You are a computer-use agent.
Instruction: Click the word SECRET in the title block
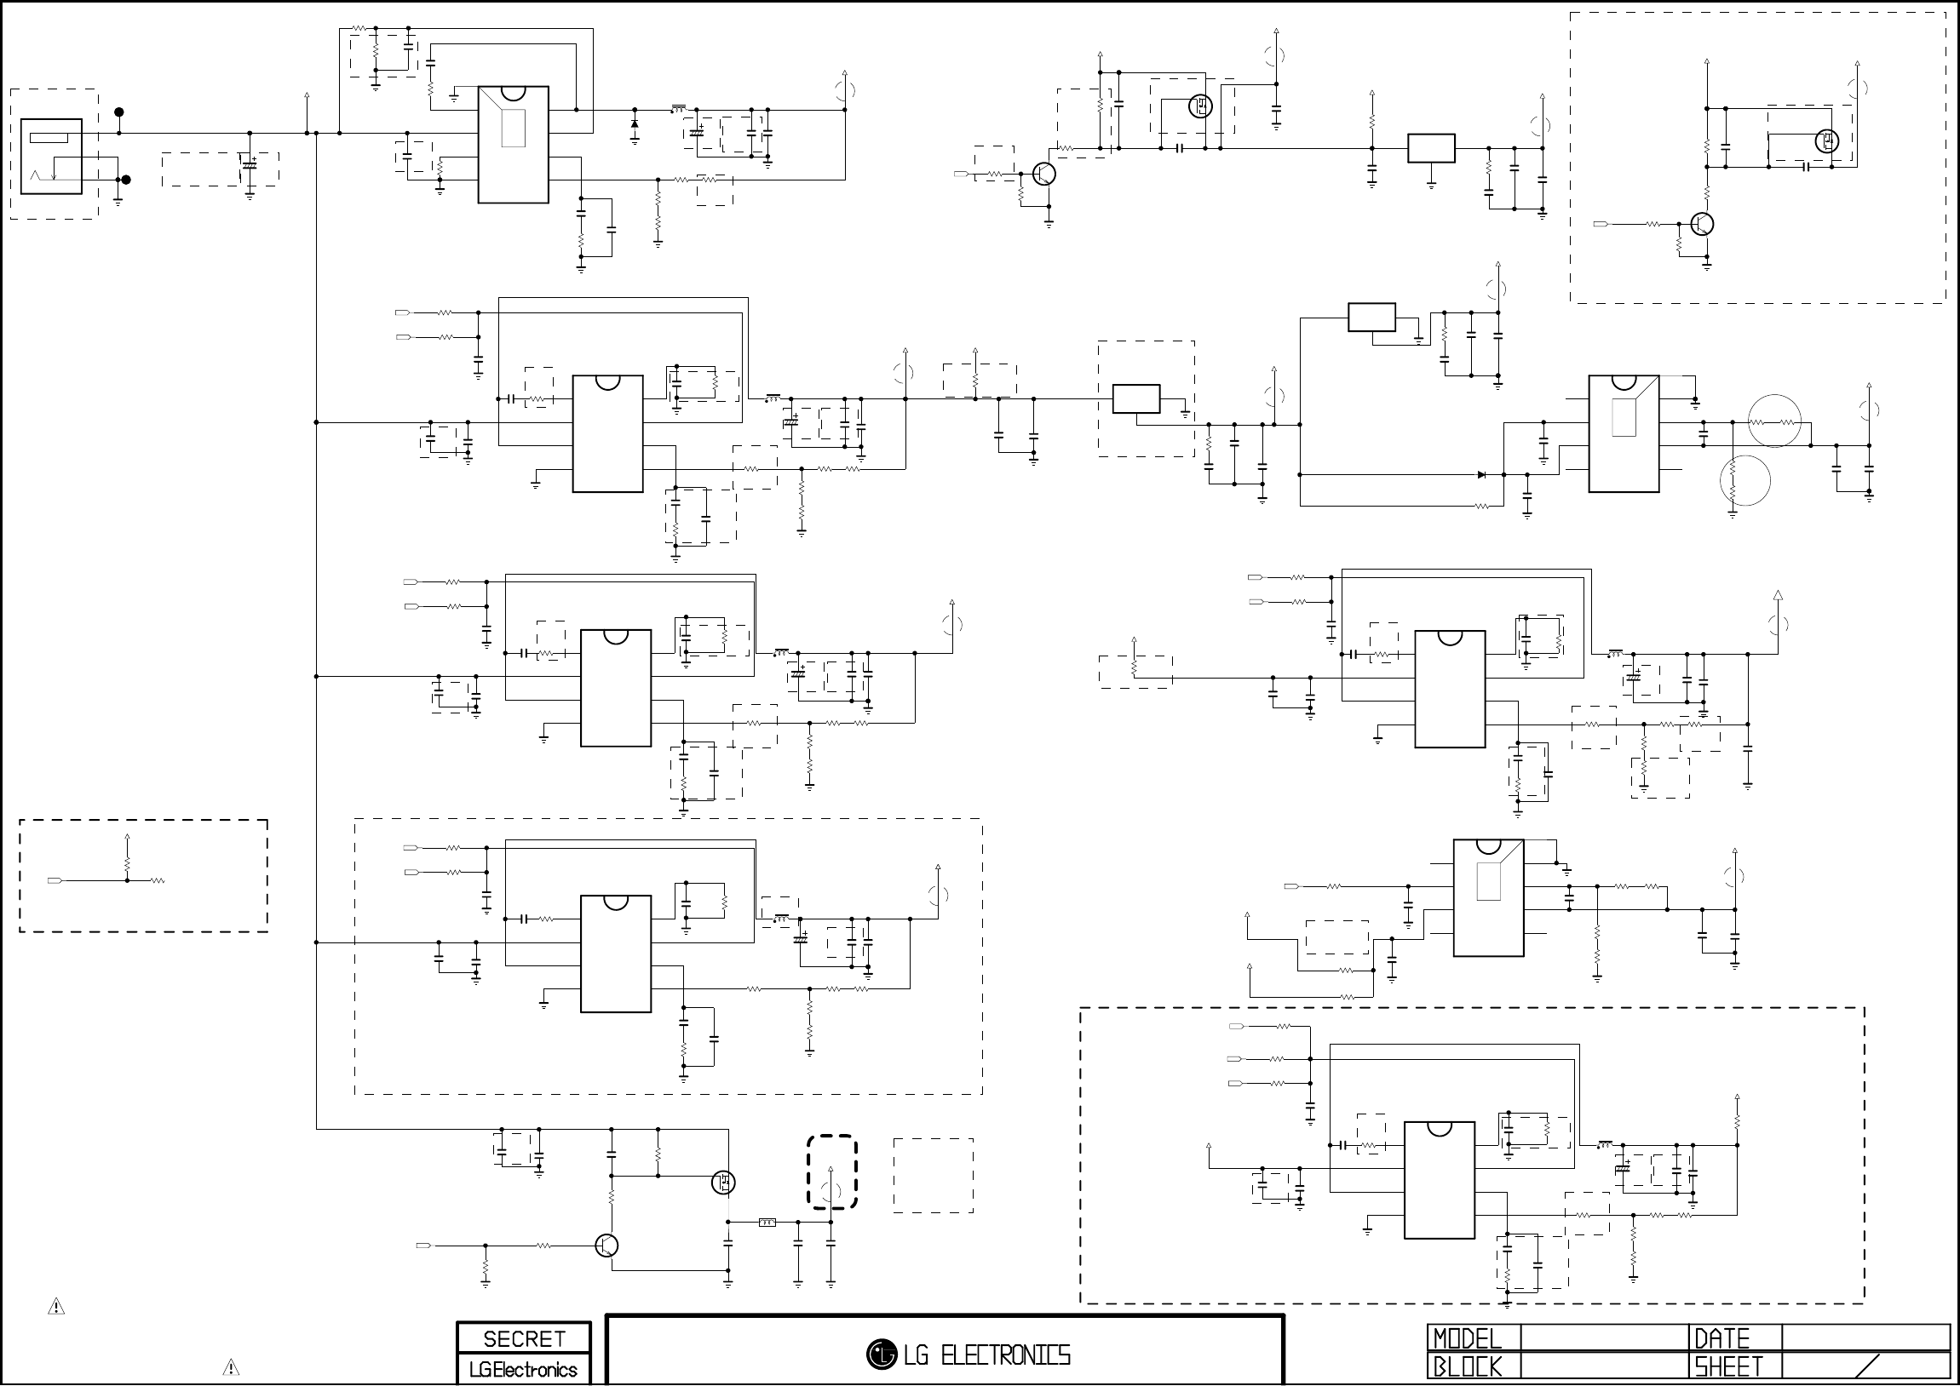coord(524,1339)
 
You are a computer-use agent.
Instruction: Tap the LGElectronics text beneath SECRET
coord(523,1370)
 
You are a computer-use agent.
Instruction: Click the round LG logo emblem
coord(882,1354)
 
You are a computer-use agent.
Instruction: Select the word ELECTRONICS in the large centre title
coord(1005,1355)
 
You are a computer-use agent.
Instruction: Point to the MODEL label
coord(1467,1338)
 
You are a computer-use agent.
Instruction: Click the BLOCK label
coord(1467,1366)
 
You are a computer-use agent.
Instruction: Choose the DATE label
coord(1721,1338)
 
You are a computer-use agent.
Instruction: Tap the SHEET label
coord(1728,1366)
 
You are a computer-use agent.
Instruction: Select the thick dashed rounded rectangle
coord(832,1171)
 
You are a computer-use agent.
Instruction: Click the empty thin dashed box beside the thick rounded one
coord(933,1175)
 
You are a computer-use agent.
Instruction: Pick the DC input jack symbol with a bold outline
coord(51,156)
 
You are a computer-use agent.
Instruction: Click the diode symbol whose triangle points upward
coord(635,123)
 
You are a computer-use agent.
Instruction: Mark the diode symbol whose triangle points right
coord(1481,474)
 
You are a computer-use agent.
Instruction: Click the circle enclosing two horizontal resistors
coord(1774,421)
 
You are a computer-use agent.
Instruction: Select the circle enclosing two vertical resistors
coord(1744,481)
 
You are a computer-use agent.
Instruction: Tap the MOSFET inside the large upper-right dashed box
coord(1827,140)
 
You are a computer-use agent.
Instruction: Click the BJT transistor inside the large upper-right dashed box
coord(1702,225)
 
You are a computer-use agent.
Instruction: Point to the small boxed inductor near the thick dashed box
coord(767,1223)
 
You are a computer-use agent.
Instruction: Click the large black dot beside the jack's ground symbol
coord(126,180)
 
